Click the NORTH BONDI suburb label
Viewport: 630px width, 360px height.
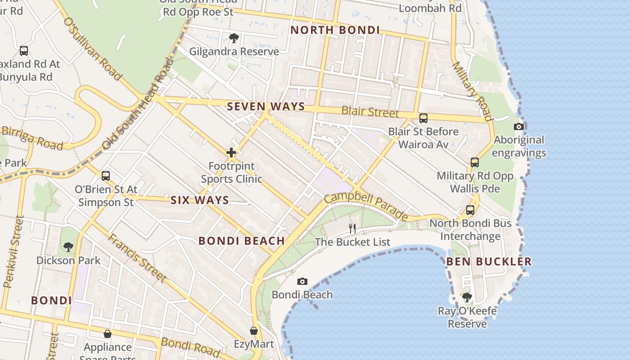tap(335, 30)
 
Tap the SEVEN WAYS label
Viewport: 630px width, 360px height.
tap(266, 107)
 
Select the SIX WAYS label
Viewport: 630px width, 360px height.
tap(199, 200)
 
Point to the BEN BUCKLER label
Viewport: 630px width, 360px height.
tap(489, 261)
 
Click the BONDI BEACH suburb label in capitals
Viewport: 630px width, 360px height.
tap(242, 241)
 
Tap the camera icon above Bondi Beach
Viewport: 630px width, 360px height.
tap(302, 282)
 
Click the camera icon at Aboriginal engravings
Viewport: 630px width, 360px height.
tap(519, 127)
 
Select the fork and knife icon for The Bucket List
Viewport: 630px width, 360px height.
tap(352, 229)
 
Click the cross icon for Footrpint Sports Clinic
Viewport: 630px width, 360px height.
tap(231, 153)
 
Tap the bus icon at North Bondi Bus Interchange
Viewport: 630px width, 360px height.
tap(470, 210)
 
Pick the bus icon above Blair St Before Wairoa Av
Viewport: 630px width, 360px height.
tap(423, 118)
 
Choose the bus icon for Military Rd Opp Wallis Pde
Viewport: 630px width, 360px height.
tap(475, 162)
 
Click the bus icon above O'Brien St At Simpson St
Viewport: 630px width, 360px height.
tap(106, 176)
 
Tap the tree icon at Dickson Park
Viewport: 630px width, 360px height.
tap(68, 247)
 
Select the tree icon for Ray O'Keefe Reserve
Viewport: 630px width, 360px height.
tap(467, 297)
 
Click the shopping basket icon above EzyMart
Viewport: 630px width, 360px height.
tap(254, 331)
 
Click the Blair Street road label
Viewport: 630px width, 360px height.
tap(370, 111)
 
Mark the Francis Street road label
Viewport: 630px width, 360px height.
tap(137, 258)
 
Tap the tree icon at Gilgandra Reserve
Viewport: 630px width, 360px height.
tap(234, 38)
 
